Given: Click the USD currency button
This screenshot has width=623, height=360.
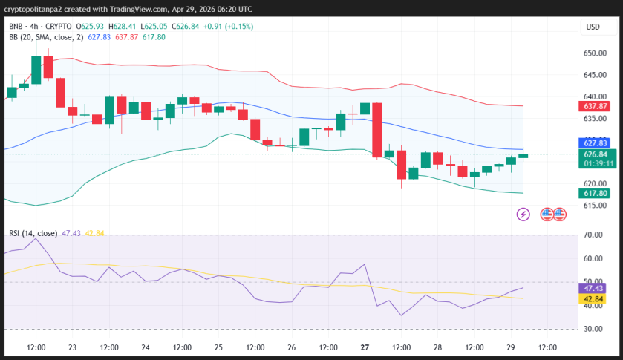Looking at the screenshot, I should tap(593, 27).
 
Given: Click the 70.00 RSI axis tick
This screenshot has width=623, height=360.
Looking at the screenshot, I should tap(592, 235).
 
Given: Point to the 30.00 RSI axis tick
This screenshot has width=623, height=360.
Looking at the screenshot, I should tap(592, 328).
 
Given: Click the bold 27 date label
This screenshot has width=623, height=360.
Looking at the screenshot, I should tap(365, 347).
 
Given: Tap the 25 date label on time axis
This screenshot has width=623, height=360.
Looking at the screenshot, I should tap(218, 347).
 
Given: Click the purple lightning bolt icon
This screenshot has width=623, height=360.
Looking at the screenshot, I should tap(523, 214).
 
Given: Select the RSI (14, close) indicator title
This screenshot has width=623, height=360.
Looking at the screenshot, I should tap(33, 233).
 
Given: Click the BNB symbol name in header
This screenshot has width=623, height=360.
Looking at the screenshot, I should tap(16, 27).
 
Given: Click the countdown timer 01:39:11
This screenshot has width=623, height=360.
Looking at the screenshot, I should tap(598, 163).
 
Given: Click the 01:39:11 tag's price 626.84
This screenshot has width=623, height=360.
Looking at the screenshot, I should tap(598, 154).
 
